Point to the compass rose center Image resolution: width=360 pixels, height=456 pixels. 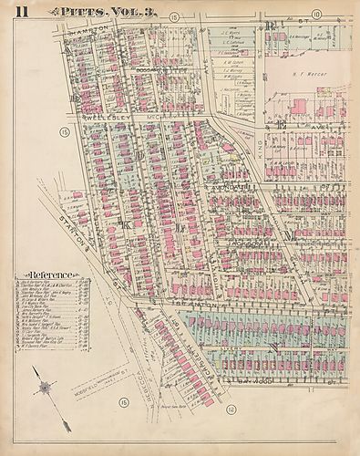pyautogui.click(x=42, y=388)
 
